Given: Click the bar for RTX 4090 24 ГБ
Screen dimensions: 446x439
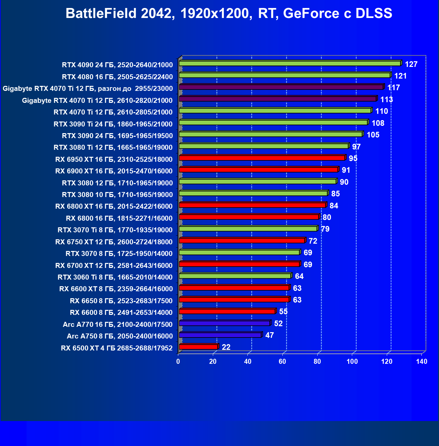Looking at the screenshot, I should [x=289, y=63].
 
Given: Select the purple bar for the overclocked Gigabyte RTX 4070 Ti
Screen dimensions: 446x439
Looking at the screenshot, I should [x=281, y=87].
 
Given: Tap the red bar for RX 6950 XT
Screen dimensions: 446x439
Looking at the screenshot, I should [x=262, y=158].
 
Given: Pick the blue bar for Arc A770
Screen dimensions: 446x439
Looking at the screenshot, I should [x=224, y=323].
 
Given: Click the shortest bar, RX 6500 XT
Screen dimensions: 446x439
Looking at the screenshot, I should [x=198, y=347].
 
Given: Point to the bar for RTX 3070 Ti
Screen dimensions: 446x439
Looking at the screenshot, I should [x=248, y=229].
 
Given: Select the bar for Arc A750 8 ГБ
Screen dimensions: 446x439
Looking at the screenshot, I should [x=220, y=335].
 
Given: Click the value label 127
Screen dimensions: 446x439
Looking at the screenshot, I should [x=411, y=64].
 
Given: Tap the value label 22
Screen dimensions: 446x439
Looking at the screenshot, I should [x=226, y=347].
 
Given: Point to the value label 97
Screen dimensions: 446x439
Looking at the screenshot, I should [x=357, y=147].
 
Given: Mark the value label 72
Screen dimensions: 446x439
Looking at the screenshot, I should [x=313, y=241].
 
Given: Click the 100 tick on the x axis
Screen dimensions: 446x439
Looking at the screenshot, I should [x=352, y=361].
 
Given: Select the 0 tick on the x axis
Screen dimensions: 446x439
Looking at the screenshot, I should [x=178, y=361].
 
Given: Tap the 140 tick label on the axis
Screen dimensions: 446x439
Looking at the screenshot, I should [x=422, y=361].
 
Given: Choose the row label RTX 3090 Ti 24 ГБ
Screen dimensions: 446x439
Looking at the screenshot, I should [x=113, y=124].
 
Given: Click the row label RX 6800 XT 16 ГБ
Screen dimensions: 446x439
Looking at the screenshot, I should [x=114, y=206].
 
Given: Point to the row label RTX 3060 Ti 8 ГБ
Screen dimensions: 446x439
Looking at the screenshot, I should [x=115, y=277].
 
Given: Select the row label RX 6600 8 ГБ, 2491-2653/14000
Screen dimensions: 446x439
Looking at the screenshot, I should [x=121, y=313].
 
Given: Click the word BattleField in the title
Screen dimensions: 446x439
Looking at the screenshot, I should [x=101, y=14].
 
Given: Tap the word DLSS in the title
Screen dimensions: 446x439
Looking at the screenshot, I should [x=374, y=14].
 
